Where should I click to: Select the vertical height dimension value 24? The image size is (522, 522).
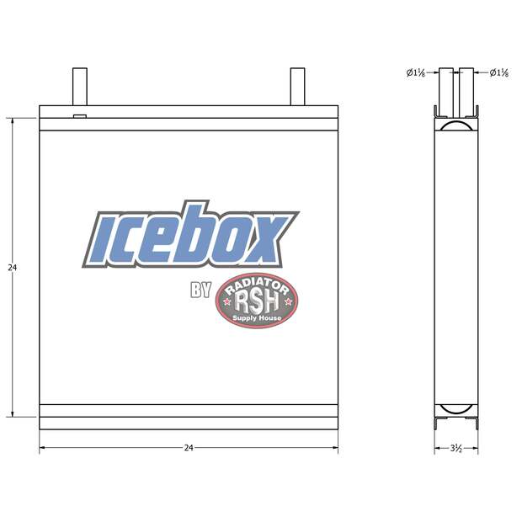tap(12, 268)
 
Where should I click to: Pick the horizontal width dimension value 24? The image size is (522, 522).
tap(189, 448)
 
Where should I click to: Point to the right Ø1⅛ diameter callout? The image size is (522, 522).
tap(498, 73)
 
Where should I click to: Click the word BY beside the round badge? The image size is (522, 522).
tap(200, 290)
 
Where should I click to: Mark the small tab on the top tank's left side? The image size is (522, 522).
tap(80, 116)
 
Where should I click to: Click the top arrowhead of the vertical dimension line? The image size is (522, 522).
tap(13, 121)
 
